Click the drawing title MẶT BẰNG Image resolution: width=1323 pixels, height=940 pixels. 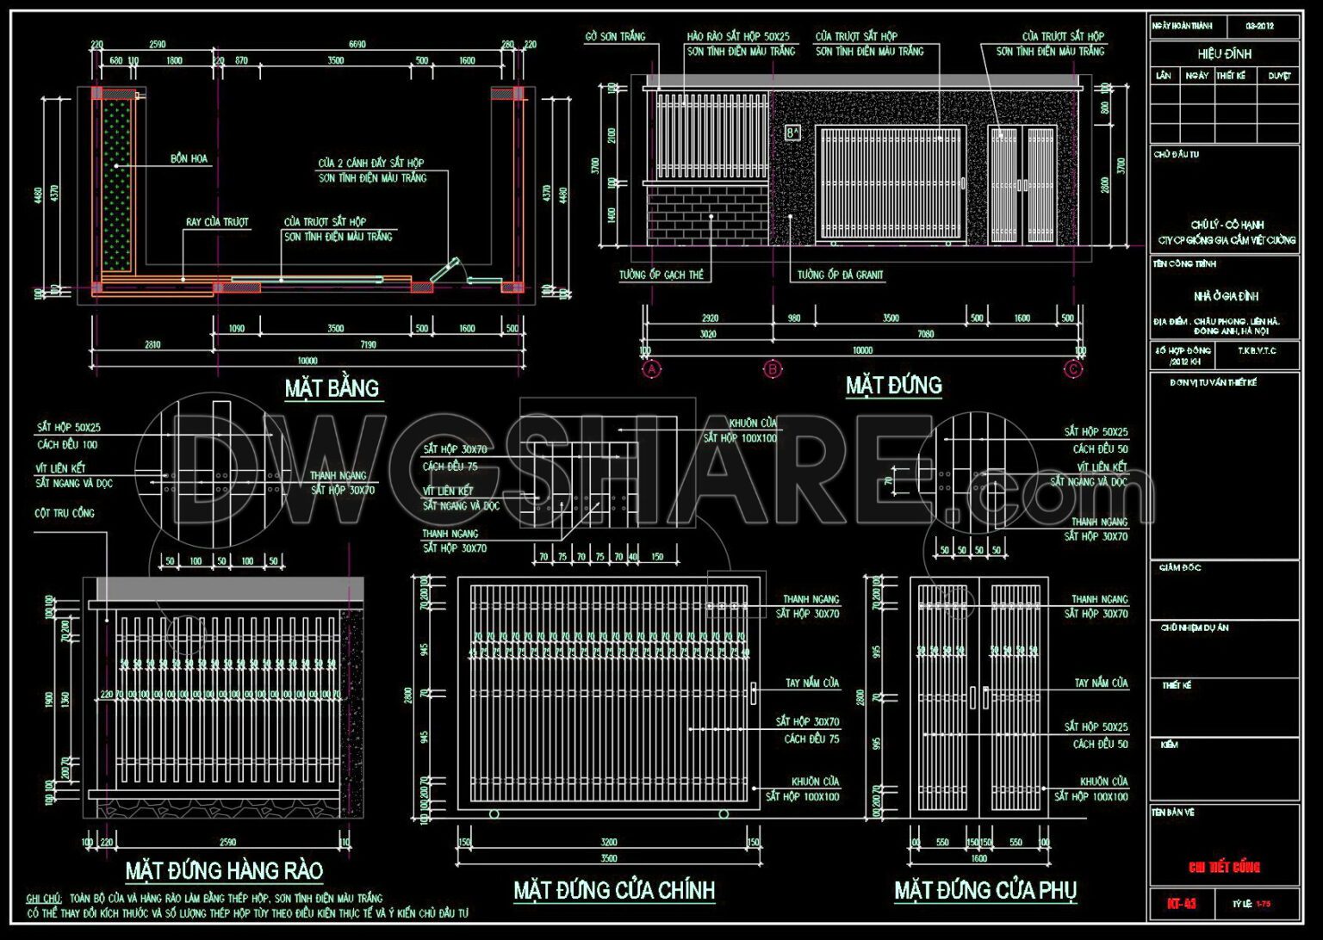[x=332, y=388]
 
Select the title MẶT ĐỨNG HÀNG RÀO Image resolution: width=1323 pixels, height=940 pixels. [x=224, y=870]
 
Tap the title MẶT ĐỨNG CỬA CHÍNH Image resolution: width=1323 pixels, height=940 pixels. [x=614, y=889]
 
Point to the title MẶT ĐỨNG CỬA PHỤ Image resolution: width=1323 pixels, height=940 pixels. [x=985, y=889]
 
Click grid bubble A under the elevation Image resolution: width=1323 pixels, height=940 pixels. [x=652, y=369]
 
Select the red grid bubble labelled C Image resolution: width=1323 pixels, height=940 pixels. [x=1073, y=369]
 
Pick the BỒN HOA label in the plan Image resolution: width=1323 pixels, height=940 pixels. [x=189, y=158]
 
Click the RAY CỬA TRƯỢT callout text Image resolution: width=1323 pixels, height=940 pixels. [x=217, y=222]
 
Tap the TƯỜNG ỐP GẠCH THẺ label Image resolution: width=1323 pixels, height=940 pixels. [x=661, y=275]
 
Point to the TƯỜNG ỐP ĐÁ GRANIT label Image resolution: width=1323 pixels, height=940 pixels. [x=840, y=275]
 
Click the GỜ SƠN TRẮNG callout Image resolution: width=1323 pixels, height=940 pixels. [x=615, y=36]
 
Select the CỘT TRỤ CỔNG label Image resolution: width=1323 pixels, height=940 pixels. [x=65, y=513]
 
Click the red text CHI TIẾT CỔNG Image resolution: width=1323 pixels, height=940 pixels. [x=1224, y=867]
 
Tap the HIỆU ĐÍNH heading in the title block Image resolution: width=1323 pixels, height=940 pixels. [x=1224, y=53]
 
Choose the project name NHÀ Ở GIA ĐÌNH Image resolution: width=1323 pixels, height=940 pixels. [x=1226, y=296]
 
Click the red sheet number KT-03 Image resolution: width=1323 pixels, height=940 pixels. [x=1181, y=903]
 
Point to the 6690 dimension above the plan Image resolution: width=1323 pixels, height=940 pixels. [x=357, y=44]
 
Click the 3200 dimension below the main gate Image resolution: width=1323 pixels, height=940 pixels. [x=608, y=842]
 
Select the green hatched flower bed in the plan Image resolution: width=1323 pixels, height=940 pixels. [x=116, y=189]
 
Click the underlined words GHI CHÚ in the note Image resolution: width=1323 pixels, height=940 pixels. [x=43, y=898]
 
